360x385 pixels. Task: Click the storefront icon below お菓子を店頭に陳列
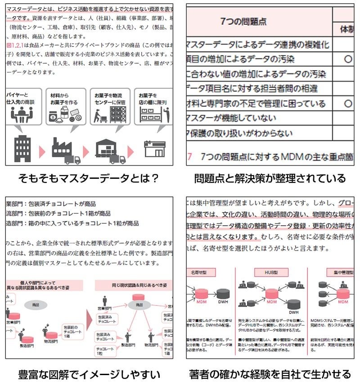point(154,149)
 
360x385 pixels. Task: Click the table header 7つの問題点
point(243,21)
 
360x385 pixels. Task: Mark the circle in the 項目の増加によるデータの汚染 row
point(347,59)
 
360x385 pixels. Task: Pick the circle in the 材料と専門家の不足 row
point(347,104)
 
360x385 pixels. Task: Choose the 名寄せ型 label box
point(198,272)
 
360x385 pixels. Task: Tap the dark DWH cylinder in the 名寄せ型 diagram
point(224,293)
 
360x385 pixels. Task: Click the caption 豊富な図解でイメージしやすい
point(88,374)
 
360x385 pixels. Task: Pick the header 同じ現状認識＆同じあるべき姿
point(134,285)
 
